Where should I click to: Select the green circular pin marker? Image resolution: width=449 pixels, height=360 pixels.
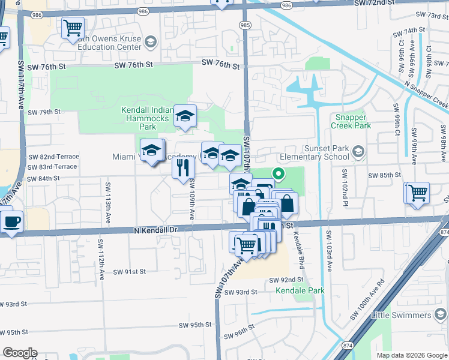click(279, 175)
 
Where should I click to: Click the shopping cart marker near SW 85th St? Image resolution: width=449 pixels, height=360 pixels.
click(418, 193)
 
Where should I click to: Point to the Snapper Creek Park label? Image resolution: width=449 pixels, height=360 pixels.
click(351, 122)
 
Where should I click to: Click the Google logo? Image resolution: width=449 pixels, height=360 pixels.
click(20, 353)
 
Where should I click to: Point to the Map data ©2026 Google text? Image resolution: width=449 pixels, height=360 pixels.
click(411, 355)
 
